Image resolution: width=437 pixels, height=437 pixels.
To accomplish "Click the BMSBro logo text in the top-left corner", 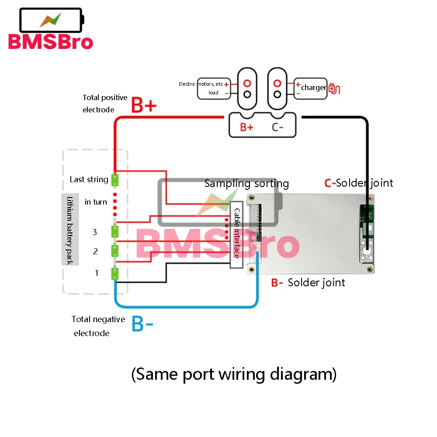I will pyautogui.click(x=50, y=42).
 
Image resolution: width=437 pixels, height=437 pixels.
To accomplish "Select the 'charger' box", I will pyautogui.click(x=311, y=88).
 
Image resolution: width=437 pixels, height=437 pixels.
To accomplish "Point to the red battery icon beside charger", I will pyautogui.click(x=334, y=88).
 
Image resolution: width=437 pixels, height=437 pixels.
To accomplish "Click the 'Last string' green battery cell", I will pyautogui.click(x=115, y=180).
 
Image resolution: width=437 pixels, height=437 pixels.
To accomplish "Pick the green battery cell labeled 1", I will pyautogui.click(x=115, y=273).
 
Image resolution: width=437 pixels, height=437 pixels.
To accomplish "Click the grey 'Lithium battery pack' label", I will pyautogui.click(x=70, y=230).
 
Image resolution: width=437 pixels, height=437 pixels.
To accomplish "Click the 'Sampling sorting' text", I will pyautogui.click(x=246, y=183).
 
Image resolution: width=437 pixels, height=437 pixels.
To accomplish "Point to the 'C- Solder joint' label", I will pyautogui.click(x=358, y=183).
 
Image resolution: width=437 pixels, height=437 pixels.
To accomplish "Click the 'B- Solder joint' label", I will pyautogui.click(x=308, y=283).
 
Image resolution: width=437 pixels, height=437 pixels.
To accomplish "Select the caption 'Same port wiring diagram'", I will pyautogui.click(x=234, y=374).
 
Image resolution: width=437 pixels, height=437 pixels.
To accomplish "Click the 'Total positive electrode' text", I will pyautogui.click(x=105, y=104).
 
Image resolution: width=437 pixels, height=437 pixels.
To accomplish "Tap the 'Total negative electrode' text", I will pyautogui.click(x=98, y=326).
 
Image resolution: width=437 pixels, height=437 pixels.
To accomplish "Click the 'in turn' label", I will pyautogui.click(x=96, y=202).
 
